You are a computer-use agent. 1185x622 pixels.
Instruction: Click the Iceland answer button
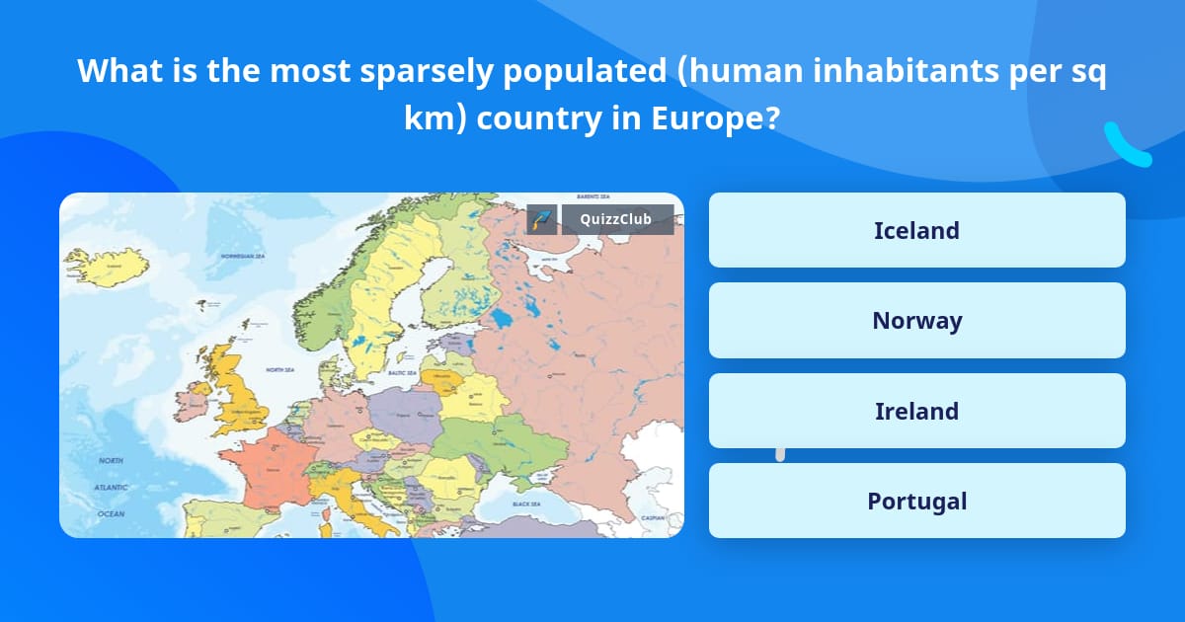tap(916, 230)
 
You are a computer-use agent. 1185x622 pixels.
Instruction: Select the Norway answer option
tap(916, 321)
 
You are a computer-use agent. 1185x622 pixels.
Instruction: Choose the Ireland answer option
tap(916, 411)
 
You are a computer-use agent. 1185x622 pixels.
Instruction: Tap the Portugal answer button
tap(916, 501)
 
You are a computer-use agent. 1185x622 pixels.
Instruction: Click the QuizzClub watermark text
tap(617, 219)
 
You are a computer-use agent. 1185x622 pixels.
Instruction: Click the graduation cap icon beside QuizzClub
tap(541, 219)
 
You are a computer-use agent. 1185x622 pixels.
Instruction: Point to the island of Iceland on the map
tap(107, 266)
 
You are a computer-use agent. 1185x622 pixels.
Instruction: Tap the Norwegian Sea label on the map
tap(243, 257)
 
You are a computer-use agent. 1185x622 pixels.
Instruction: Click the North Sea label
tap(280, 370)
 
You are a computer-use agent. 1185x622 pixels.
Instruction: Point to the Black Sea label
tap(526, 504)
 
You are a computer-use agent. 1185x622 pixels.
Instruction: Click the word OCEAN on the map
tap(111, 513)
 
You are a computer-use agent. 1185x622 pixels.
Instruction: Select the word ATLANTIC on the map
tap(111, 488)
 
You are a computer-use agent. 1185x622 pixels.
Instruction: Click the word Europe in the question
tap(709, 118)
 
